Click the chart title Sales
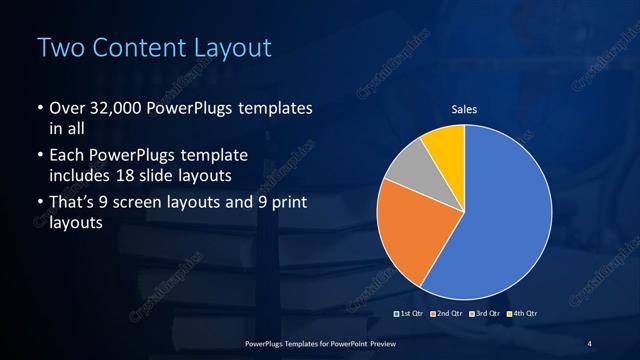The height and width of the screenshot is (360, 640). pyautogui.click(x=464, y=109)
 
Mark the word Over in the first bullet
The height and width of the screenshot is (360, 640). pyautogui.click(x=66, y=108)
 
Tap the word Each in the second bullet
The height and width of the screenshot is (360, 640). pyautogui.click(x=66, y=156)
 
